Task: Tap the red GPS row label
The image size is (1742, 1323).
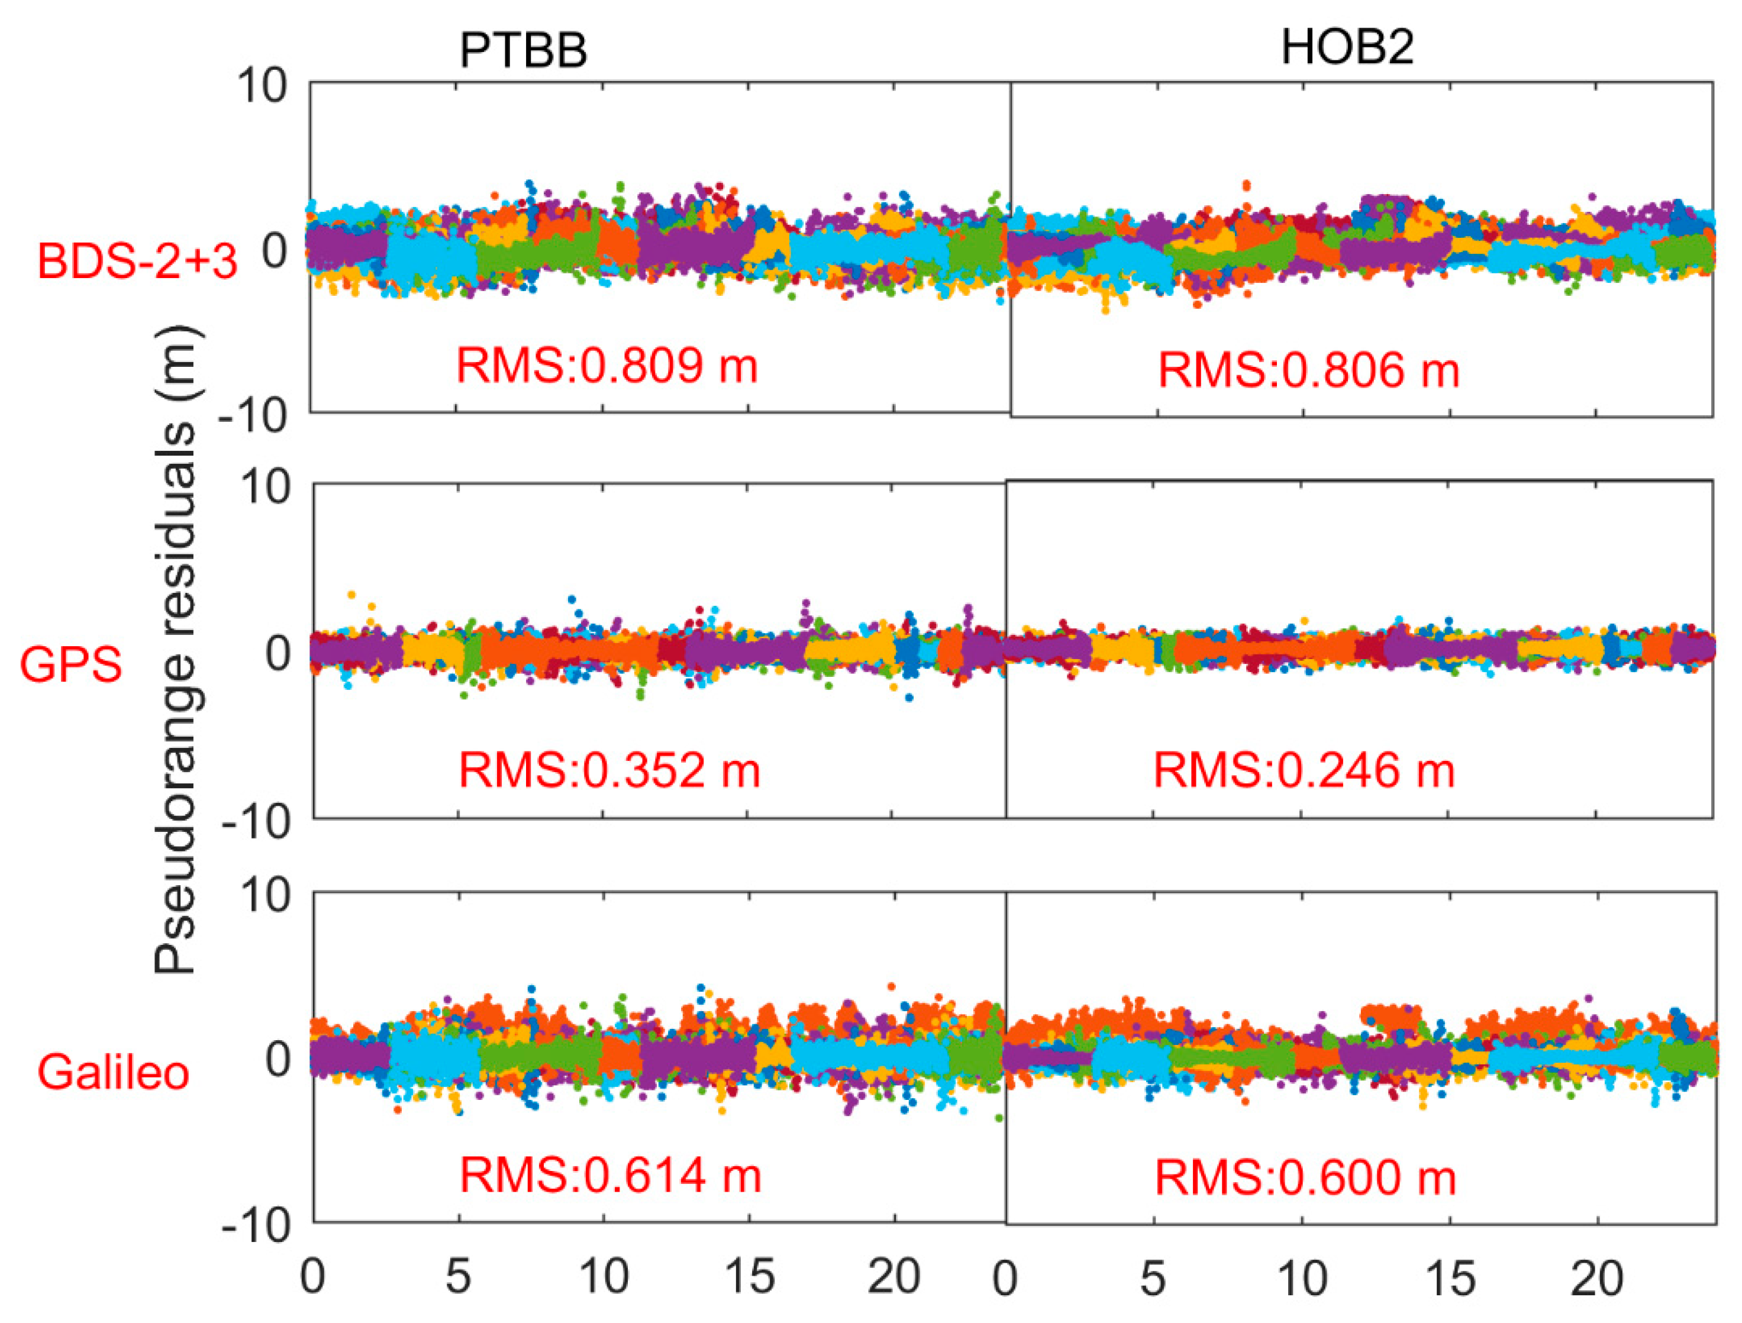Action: [71, 664]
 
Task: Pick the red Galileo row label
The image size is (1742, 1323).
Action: [114, 1072]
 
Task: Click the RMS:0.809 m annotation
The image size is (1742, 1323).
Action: [607, 366]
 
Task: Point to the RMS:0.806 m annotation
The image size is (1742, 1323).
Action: [1308, 370]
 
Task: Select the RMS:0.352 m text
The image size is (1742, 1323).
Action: [609, 770]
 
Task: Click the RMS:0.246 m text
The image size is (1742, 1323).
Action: [1304, 770]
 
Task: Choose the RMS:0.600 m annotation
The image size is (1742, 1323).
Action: [1305, 1179]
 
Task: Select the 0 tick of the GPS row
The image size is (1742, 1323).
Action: [277, 653]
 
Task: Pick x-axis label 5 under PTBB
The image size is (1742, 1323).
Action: [459, 1276]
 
